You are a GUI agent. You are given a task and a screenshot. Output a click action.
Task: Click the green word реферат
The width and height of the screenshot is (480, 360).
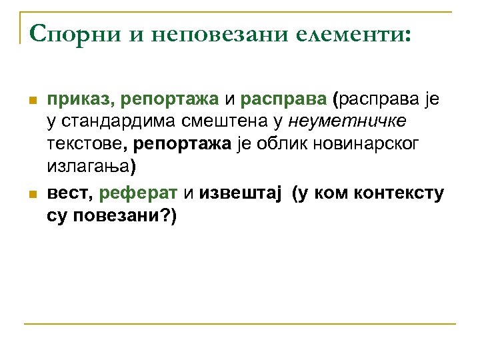click(138, 194)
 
